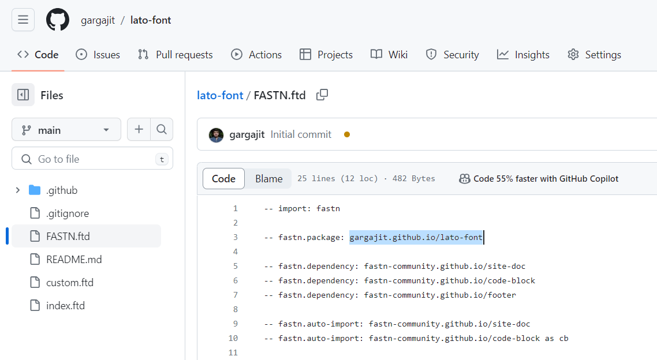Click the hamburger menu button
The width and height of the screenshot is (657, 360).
[23, 20]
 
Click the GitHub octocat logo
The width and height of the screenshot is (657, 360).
[57, 20]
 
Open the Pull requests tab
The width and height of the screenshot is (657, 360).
[176, 55]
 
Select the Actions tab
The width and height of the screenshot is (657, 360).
[256, 55]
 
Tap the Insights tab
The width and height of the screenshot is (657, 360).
[523, 55]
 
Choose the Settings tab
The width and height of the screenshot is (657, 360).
[594, 55]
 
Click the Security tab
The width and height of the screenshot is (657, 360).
[452, 55]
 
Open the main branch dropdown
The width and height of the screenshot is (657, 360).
[66, 130]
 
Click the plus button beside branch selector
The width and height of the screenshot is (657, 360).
[139, 129]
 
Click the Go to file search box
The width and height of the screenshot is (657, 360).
[92, 159]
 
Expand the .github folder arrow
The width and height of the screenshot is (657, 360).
[17, 190]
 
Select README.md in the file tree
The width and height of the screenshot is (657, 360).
[74, 260]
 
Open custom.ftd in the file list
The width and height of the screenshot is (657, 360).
[69, 283]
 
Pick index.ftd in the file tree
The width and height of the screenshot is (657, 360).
[65, 306]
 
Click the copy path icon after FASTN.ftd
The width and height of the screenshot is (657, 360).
[322, 95]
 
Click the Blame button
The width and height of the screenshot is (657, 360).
[268, 179]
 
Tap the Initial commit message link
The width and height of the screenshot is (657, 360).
[301, 134]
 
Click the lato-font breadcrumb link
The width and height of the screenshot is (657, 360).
[220, 95]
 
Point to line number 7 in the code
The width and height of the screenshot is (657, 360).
[236, 295]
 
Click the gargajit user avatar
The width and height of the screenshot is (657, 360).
[216, 135]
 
